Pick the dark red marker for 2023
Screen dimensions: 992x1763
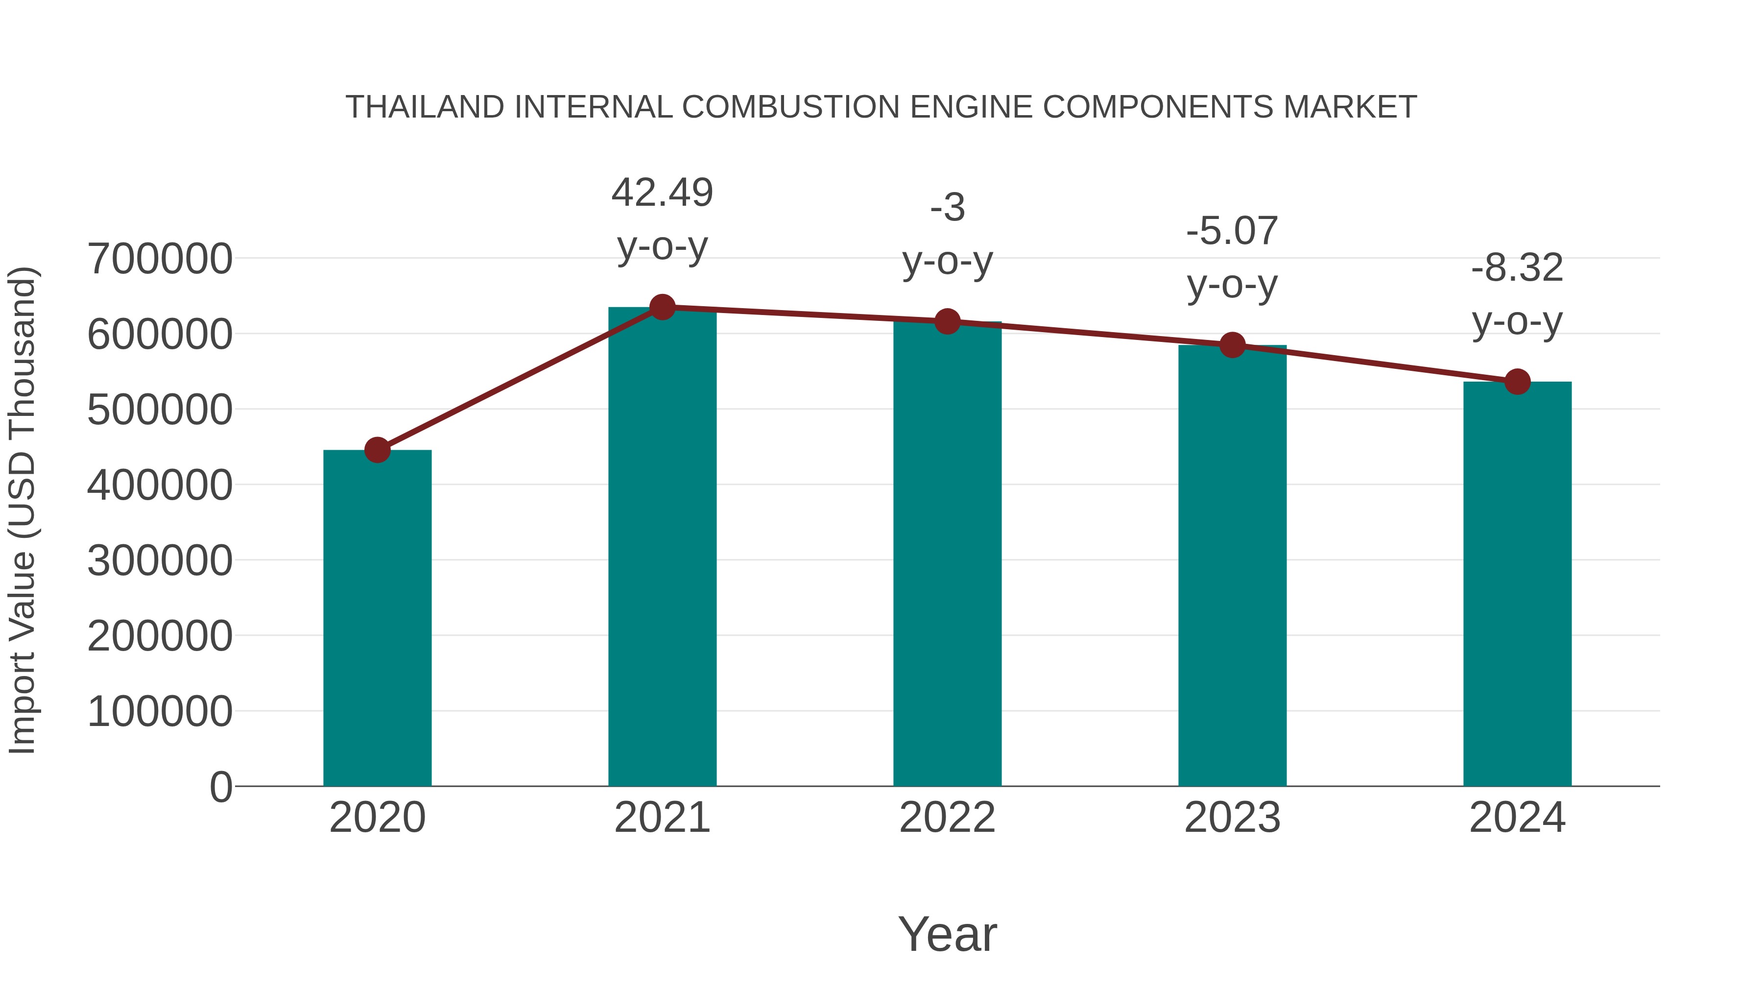pos(1232,345)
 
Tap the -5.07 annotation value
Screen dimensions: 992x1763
pos(1232,231)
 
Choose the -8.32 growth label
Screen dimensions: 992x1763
pos(1517,267)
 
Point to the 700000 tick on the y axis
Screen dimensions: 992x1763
pos(160,260)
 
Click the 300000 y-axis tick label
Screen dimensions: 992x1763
pos(160,561)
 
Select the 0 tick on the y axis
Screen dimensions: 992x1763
pos(220,787)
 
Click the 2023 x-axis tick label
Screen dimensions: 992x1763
pos(1232,818)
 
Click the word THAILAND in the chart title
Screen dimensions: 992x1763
pos(424,107)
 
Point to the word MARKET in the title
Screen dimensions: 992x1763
pos(1350,107)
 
